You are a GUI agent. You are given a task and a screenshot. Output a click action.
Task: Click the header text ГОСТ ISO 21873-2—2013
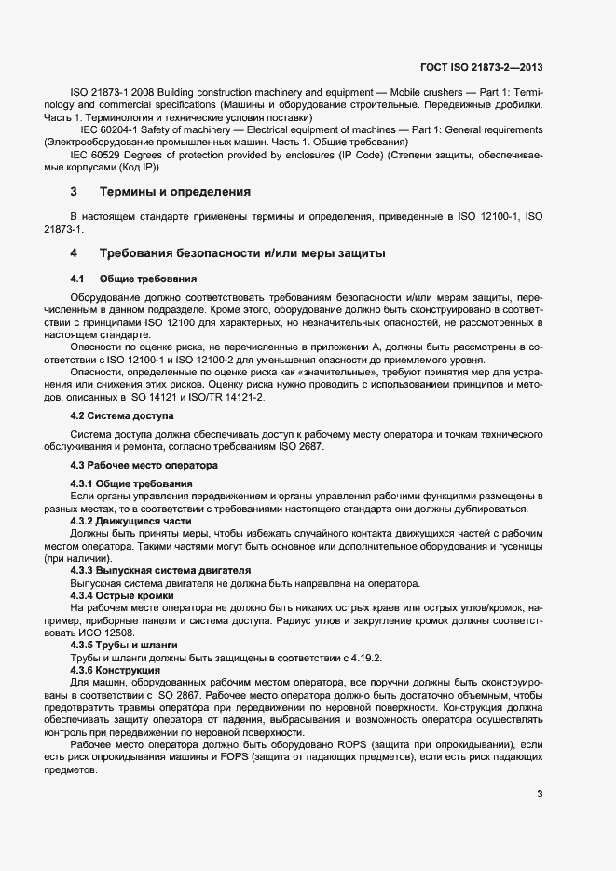click(483, 68)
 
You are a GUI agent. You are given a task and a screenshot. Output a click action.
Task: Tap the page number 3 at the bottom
click(540, 794)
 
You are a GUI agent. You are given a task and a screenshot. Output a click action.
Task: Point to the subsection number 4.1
click(77, 279)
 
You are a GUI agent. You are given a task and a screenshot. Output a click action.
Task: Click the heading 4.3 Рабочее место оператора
click(144, 464)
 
